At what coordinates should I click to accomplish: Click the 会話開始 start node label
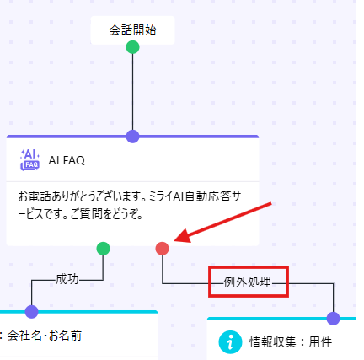(132, 30)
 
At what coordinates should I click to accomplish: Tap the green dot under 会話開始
(132, 47)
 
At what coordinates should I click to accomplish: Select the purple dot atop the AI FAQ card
(132, 137)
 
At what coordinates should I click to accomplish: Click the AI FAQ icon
(30, 160)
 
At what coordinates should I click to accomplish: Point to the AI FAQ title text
(67, 160)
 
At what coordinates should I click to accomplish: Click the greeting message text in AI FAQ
(130, 206)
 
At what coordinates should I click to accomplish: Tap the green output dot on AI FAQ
(103, 249)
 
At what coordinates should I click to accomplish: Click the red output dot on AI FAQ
(163, 249)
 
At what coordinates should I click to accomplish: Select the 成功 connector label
(67, 279)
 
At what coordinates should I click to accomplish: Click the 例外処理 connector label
(248, 282)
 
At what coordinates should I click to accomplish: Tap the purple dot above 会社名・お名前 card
(31, 312)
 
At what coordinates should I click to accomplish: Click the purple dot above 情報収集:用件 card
(334, 319)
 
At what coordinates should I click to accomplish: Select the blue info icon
(230, 342)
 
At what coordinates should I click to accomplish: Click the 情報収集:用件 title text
(291, 342)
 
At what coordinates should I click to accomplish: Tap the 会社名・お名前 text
(45, 336)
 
